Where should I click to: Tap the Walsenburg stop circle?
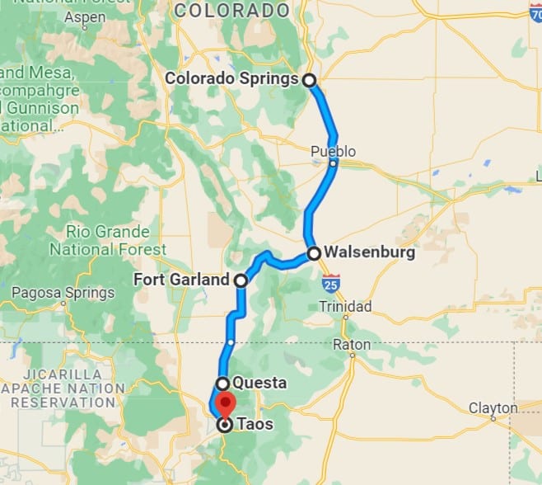[x=314, y=253]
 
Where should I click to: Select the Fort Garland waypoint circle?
[x=241, y=280]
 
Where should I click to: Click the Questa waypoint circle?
[x=222, y=384]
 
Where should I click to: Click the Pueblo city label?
[x=333, y=151]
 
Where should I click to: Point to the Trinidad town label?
[x=345, y=307]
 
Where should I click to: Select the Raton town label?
[x=352, y=344]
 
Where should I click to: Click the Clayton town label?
[x=493, y=407]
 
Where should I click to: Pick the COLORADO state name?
[x=233, y=11]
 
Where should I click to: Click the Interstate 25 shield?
[x=330, y=283]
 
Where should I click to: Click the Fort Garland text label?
[x=181, y=280]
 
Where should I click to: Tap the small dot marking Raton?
[x=353, y=356]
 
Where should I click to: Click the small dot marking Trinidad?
[x=346, y=317]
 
